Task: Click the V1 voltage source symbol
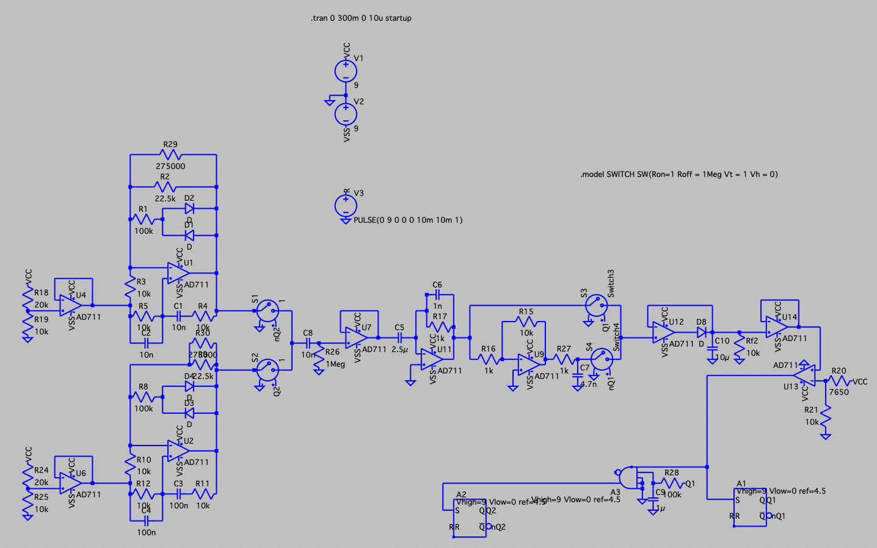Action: pyautogui.click(x=346, y=71)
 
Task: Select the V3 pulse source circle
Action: pyautogui.click(x=346, y=205)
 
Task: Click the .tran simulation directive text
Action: pyautogui.click(x=361, y=18)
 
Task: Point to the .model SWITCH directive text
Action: pyautogui.click(x=679, y=175)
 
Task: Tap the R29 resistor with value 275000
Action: pyautogui.click(x=170, y=155)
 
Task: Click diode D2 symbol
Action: pyautogui.click(x=189, y=209)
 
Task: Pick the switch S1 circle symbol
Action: pyautogui.click(x=267, y=311)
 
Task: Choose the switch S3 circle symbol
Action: pyautogui.click(x=596, y=305)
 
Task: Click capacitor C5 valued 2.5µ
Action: pyautogui.click(x=400, y=337)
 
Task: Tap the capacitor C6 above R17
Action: pyautogui.click(x=437, y=295)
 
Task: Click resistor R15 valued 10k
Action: pyautogui.click(x=526, y=322)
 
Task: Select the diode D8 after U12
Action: pyautogui.click(x=701, y=333)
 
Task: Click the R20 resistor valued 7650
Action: pyautogui.click(x=838, y=381)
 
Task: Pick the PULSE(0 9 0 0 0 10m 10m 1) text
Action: pyautogui.click(x=408, y=220)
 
